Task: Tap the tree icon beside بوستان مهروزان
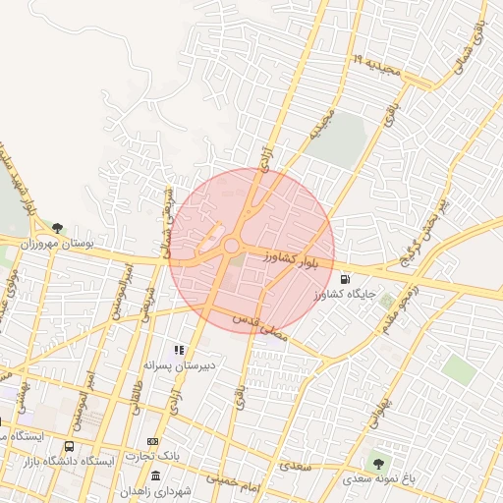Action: [58, 228]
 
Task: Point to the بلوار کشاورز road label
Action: [293, 259]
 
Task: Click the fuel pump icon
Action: [344, 279]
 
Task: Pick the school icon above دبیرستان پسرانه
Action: [179, 349]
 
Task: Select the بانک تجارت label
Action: [154, 456]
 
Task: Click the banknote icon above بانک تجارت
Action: [152, 442]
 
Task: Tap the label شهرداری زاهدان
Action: [156, 490]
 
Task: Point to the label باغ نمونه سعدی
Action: [377, 479]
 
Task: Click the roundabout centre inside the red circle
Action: [232, 246]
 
